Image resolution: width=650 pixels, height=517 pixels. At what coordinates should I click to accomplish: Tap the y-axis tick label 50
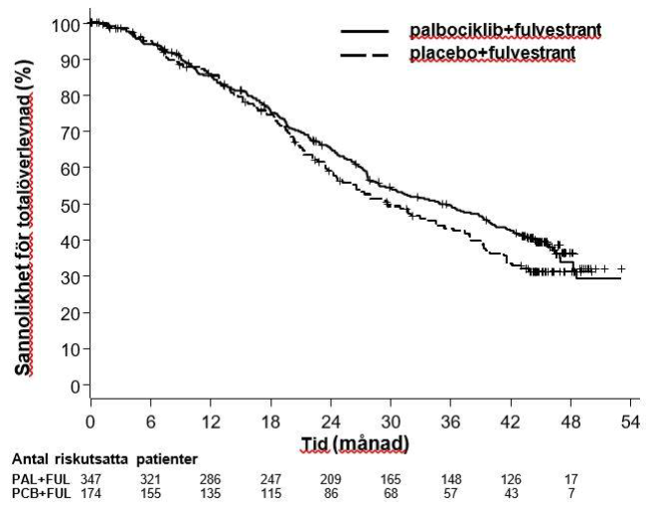[x=73, y=204]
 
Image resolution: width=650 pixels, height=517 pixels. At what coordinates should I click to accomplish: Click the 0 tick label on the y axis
[x=77, y=385]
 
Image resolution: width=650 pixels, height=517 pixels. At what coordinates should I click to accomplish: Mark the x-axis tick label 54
[x=628, y=421]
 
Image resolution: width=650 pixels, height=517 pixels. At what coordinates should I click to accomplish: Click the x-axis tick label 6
[x=150, y=421]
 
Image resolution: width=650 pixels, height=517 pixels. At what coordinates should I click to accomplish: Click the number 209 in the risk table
[x=329, y=479]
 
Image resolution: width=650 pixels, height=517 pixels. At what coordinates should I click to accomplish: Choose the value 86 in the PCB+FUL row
[x=329, y=493]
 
